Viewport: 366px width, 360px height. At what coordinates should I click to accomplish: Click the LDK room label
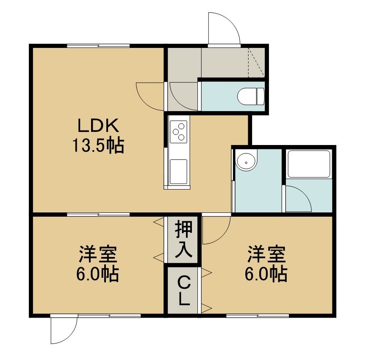pyautogui.click(x=98, y=126)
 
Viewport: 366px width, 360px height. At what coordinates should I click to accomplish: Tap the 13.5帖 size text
pyautogui.click(x=98, y=145)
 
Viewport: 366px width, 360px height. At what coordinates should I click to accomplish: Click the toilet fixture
pyautogui.click(x=251, y=96)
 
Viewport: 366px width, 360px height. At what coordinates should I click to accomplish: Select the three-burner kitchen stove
pyautogui.click(x=179, y=131)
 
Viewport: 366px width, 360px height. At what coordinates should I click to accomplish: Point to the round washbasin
pyautogui.click(x=246, y=160)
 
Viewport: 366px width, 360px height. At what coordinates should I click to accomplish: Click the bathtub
pyautogui.click(x=309, y=164)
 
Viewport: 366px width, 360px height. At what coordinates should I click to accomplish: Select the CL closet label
pyautogui.click(x=183, y=291)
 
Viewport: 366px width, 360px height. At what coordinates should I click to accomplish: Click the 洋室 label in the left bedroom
pyautogui.click(x=98, y=254)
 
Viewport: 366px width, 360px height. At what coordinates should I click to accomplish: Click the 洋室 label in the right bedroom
pyautogui.click(x=266, y=254)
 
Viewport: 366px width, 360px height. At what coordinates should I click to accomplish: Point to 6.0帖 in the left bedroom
pyautogui.click(x=97, y=274)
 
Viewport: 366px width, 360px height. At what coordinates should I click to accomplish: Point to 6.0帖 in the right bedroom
pyautogui.click(x=266, y=274)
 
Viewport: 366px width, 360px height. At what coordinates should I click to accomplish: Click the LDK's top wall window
pyautogui.click(x=98, y=46)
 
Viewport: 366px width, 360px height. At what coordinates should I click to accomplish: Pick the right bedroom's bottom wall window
pyautogui.click(x=258, y=316)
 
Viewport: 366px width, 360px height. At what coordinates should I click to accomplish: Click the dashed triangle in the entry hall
pyautogui.click(x=256, y=63)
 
